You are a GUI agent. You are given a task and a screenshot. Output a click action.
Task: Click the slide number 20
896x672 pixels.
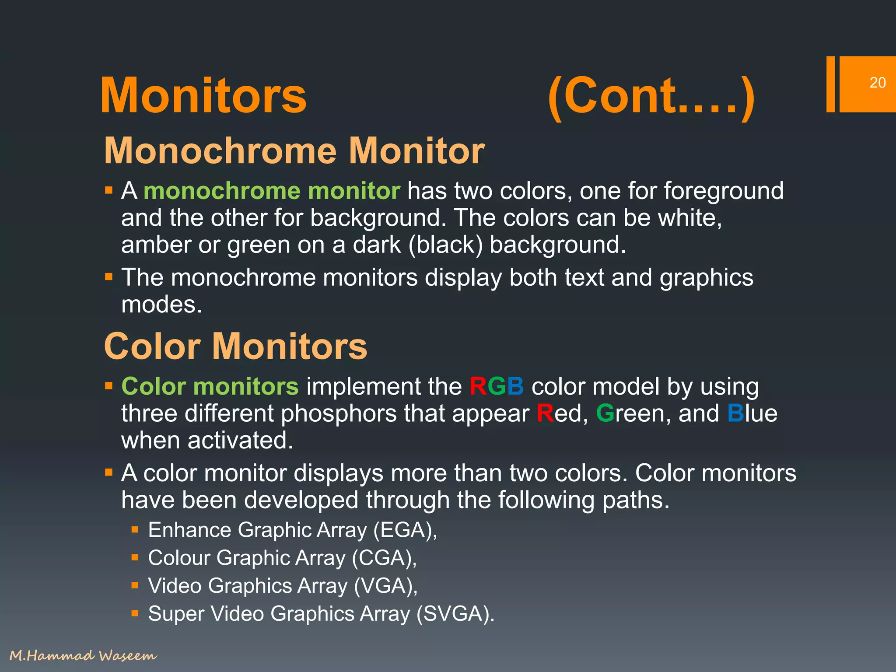click(x=877, y=83)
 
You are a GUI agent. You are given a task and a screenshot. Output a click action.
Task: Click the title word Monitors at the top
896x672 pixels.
click(x=203, y=96)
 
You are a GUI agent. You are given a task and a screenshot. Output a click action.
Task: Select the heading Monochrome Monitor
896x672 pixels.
click(x=294, y=151)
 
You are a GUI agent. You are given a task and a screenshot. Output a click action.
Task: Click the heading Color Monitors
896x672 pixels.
click(x=235, y=346)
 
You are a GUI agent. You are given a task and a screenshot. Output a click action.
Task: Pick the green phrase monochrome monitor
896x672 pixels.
click(x=272, y=191)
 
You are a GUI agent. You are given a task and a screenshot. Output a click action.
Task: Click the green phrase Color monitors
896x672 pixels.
click(x=210, y=387)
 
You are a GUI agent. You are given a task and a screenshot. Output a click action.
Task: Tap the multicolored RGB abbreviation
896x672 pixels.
click(x=497, y=387)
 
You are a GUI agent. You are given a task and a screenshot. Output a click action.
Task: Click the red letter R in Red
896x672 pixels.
click(x=545, y=413)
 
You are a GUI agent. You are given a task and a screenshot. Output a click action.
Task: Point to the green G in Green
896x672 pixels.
click(x=605, y=413)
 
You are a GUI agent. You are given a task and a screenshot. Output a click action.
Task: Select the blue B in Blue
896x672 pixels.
click(x=735, y=413)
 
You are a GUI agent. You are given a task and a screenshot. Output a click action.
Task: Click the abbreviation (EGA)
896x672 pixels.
click(x=405, y=530)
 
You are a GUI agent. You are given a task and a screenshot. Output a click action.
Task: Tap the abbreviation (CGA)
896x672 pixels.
click(x=385, y=558)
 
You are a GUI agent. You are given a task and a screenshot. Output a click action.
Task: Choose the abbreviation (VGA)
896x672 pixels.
click(x=385, y=586)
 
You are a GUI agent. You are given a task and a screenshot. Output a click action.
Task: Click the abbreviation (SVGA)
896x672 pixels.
click(x=455, y=614)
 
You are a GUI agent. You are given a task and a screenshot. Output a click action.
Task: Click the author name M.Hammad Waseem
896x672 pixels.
click(x=83, y=655)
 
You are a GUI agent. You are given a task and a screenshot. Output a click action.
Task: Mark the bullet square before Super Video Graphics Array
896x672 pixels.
click(x=135, y=613)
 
